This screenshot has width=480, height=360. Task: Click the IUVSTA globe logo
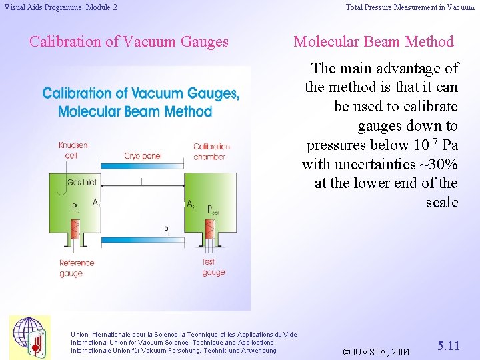[x=29, y=337]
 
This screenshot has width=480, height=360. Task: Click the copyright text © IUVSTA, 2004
[x=375, y=351]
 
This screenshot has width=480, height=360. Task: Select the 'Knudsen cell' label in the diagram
[x=73, y=150]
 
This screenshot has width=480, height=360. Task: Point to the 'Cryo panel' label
[x=142, y=156]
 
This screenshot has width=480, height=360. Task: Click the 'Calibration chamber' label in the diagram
[x=211, y=151]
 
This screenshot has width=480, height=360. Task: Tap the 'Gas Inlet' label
[x=81, y=182]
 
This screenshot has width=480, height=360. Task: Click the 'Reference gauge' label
[x=77, y=268]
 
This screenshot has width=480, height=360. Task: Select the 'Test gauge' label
[x=213, y=267]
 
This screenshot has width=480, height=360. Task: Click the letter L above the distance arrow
[x=141, y=181]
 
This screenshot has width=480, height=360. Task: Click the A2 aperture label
[x=191, y=204]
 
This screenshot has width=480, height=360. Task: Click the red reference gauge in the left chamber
[x=75, y=231]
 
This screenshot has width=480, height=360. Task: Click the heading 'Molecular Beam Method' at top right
[x=373, y=42]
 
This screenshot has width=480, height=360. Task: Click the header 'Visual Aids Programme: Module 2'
[x=61, y=7]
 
